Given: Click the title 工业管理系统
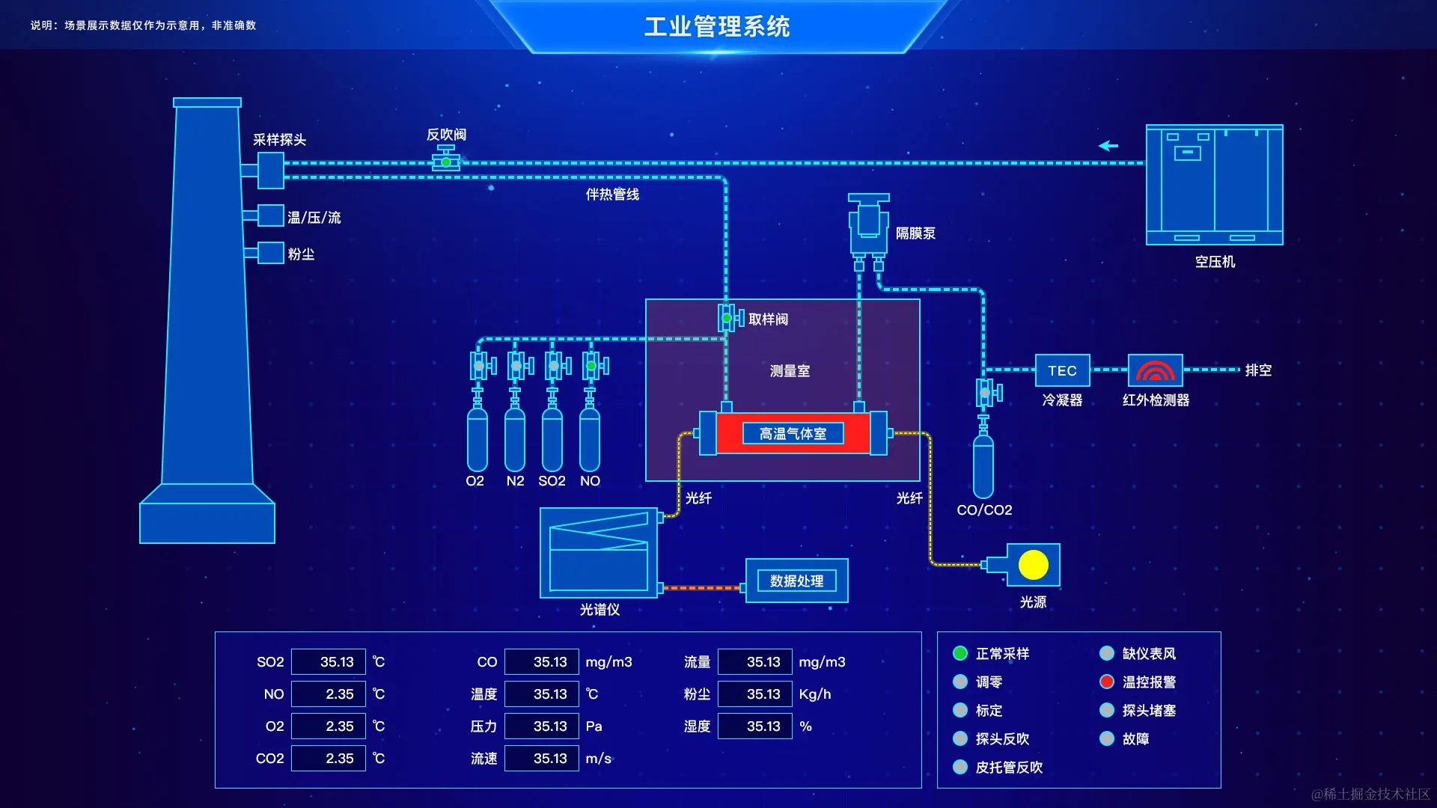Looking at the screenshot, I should (717, 27).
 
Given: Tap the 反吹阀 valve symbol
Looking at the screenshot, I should (446, 160).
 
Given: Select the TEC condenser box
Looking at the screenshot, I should (1062, 370).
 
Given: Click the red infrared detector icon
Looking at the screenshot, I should (1155, 370).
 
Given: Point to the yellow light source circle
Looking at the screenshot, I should (1034, 565).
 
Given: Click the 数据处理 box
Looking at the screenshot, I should (796, 581).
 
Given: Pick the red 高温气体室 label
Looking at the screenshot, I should (793, 434).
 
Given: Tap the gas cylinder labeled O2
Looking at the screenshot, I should (478, 440).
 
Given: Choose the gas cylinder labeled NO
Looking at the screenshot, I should (590, 440).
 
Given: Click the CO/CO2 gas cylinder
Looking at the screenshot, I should (983, 465).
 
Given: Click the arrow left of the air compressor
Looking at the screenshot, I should (1108, 146).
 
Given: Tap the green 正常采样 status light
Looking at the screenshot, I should (960, 653).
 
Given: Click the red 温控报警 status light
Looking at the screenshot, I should (1107, 682).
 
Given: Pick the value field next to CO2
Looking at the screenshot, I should (329, 759).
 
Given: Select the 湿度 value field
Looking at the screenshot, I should (754, 726).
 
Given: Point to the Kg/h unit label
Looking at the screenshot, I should (815, 694).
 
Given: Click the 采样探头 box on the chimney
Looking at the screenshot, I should (270, 171).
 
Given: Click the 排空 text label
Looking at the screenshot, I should (1258, 370).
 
